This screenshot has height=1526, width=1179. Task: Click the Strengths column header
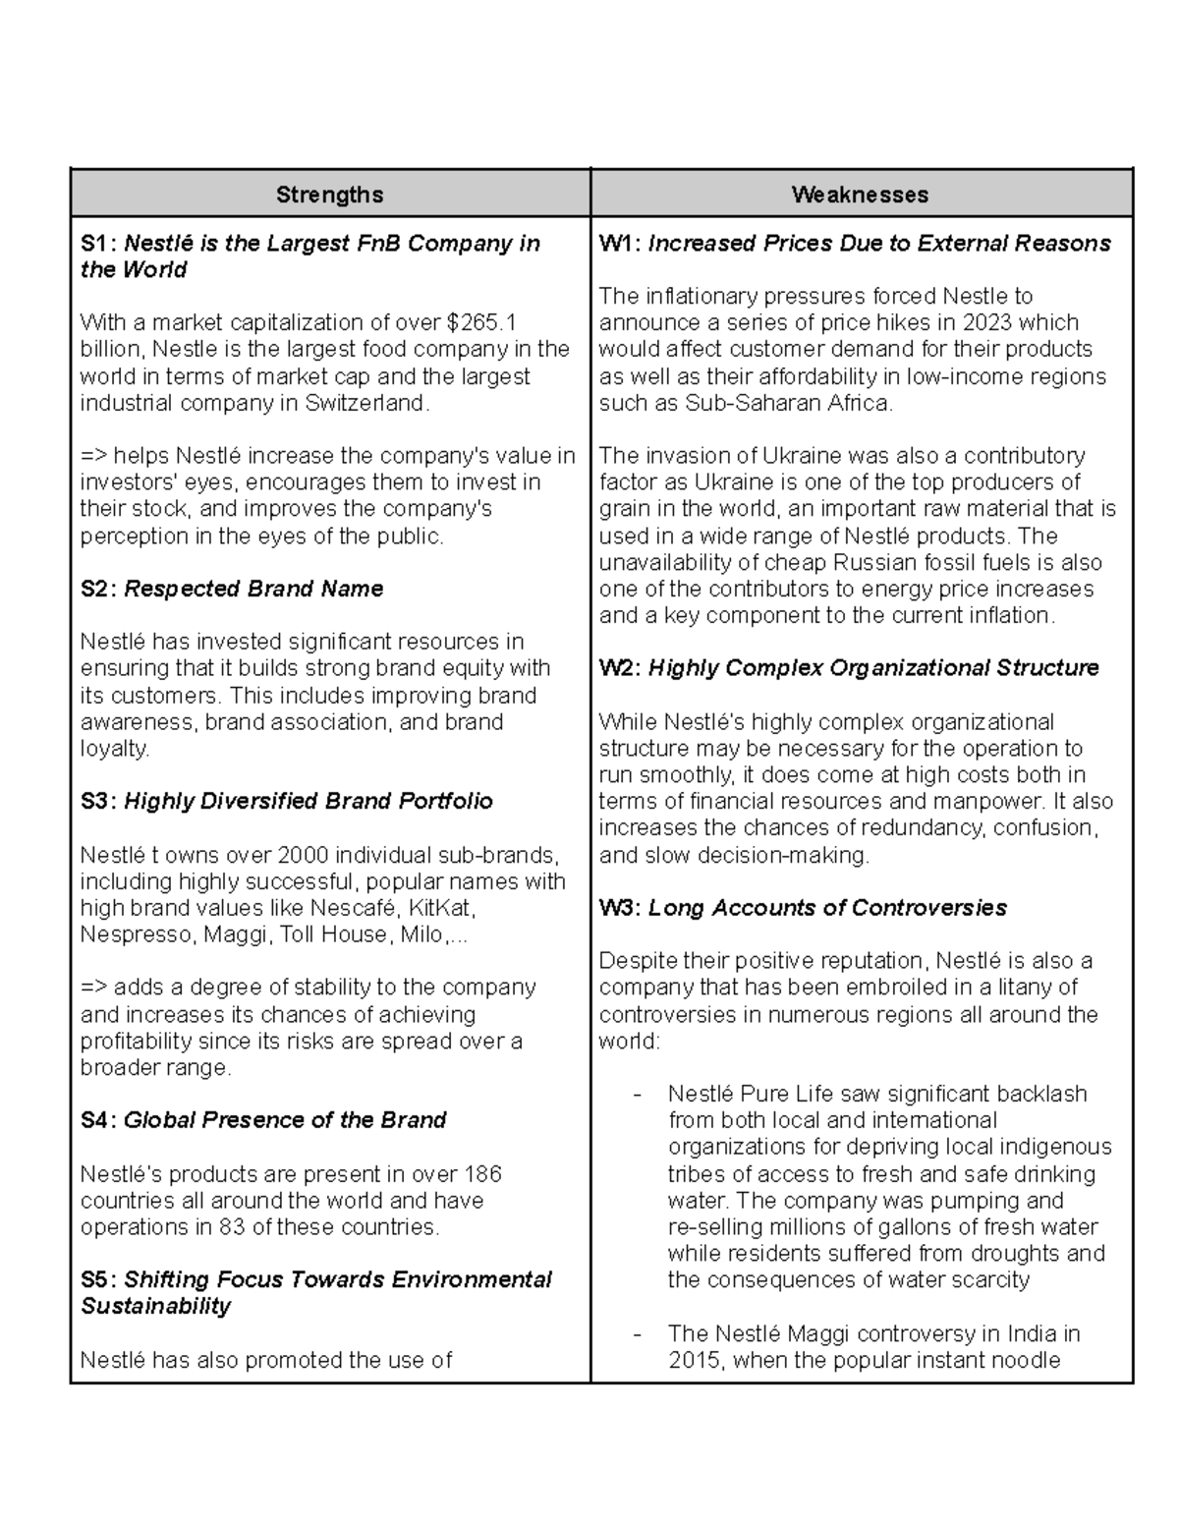[x=329, y=195]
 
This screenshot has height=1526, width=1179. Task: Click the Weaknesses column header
[x=860, y=195]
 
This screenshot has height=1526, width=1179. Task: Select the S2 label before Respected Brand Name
[x=98, y=590]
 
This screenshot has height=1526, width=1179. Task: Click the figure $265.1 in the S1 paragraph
[x=481, y=323]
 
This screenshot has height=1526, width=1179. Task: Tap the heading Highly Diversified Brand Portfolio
[x=309, y=802]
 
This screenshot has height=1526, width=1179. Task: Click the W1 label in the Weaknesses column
[x=619, y=244]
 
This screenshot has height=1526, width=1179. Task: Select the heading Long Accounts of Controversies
[x=827, y=908]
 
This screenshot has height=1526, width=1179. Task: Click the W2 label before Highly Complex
[x=619, y=668]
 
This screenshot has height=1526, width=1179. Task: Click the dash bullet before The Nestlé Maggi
[x=638, y=1335]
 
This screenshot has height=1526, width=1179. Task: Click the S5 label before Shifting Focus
[x=98, y=1280]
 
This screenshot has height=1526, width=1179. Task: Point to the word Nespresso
[x=138, y=934]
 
